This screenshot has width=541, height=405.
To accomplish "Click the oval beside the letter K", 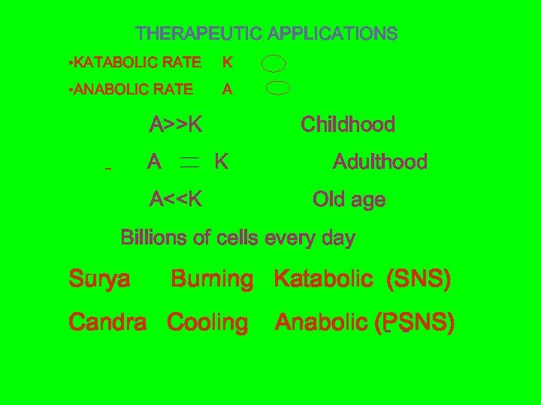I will click(275, 62).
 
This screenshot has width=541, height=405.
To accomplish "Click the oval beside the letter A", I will click(278, 88).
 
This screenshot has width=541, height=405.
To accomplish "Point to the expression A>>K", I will click(176, 124).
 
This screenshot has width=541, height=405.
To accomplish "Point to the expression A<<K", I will click(176, 199).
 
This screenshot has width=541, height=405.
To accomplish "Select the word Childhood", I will click(348, 124).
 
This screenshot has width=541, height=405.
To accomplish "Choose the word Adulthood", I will click(379, 162).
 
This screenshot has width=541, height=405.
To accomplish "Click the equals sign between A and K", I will click(189, 162).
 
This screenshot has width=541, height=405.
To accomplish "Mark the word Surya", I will click(98, 280).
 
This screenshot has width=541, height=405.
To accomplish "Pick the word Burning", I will click(213, 280).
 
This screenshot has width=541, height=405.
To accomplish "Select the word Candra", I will click(107, 323).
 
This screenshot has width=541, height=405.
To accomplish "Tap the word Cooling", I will click(207, 323).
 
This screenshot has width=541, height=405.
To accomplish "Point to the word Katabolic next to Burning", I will click(324, 280).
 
